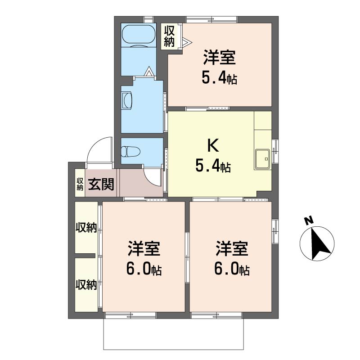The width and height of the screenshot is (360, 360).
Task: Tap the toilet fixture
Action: pos(130,152)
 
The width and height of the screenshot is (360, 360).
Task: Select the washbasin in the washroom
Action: pos(127,100)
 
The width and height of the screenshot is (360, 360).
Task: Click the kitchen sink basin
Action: pos(262,159)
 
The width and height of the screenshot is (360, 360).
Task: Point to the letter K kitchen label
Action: pos(213,145)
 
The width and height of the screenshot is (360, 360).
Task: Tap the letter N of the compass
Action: pos(309,220)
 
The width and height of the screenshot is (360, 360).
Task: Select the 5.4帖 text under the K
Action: pos(213,166)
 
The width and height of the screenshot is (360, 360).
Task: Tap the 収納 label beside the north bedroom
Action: pos(170,36)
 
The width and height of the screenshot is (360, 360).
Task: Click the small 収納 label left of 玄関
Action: pos(80,184)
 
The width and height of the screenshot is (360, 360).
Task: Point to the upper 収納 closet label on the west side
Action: pos(86,228)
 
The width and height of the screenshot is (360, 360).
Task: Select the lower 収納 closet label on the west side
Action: pos(86,285)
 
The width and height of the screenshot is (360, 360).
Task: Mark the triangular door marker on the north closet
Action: pos(187,42)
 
